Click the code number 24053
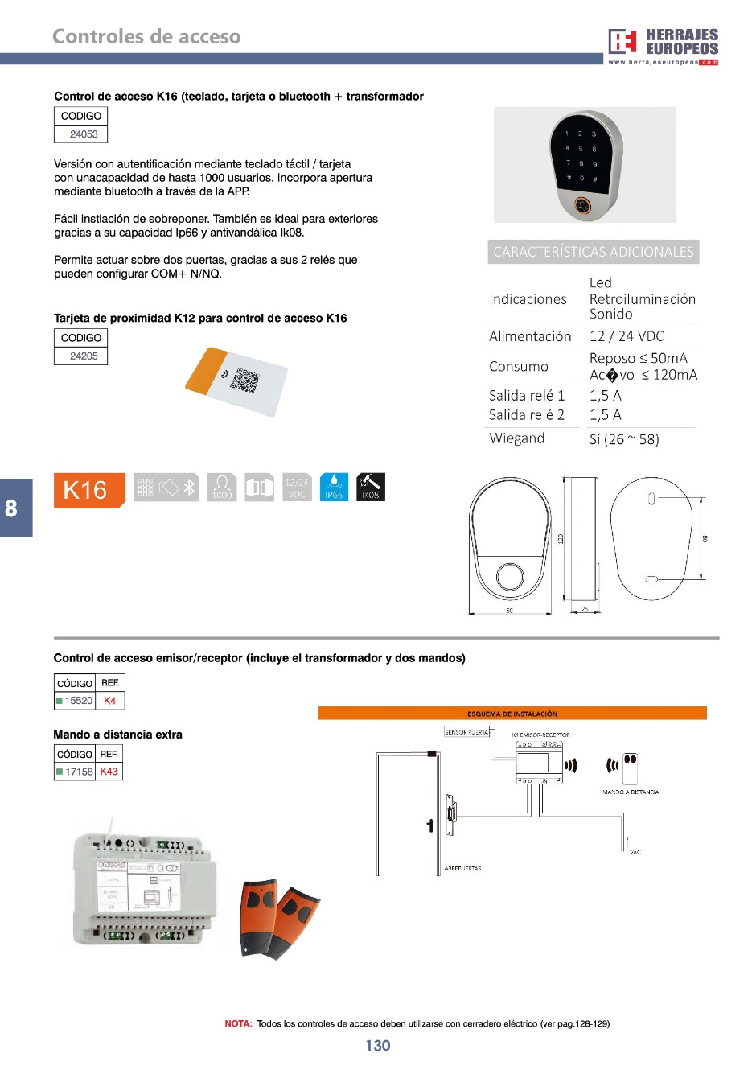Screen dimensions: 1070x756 (x=84, y=134)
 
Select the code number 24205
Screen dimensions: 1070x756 (x=84, y=356)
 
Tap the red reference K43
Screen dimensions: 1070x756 (x=109, y=772)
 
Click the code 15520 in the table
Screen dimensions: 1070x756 (x=79, y=701)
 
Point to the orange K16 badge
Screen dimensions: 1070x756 (x=88, y=490)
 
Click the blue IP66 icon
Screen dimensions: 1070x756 (x=334, y=488)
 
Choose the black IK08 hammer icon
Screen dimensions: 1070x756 (x=370, y=488)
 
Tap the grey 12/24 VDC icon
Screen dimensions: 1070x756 (x=297, y=488)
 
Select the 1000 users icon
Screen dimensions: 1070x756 (x=222, y=488)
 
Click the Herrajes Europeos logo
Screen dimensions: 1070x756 (x=663, y=46)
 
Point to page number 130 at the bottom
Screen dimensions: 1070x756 (x=378, y=1045)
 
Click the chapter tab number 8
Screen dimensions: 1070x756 (x=12, y=508)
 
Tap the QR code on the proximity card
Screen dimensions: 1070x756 (x=244, y=381)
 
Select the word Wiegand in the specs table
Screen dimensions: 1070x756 (x=517, y=438)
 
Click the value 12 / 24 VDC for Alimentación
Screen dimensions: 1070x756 (x=627, y=336)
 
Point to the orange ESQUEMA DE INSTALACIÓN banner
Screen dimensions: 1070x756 (x=512, y=714)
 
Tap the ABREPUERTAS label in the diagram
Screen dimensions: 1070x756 (x=462, y=869)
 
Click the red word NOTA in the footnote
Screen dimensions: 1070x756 (x=238, y=1024)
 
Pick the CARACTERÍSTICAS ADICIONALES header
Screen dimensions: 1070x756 (x=594, y=252)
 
